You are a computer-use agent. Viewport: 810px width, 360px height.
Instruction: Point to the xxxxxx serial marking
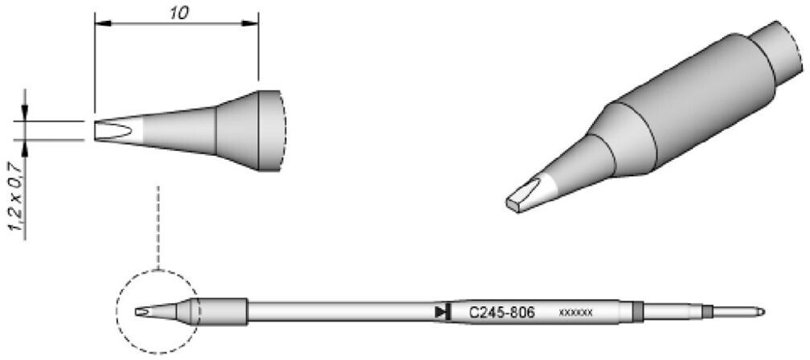[x=575, y=312]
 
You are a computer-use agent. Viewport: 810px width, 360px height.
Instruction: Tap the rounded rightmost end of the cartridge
[x=760, y=311]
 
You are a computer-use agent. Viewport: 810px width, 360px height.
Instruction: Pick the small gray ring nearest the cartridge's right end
[x=707, y=311]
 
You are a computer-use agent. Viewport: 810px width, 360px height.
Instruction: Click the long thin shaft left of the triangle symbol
[x=337, y=311]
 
